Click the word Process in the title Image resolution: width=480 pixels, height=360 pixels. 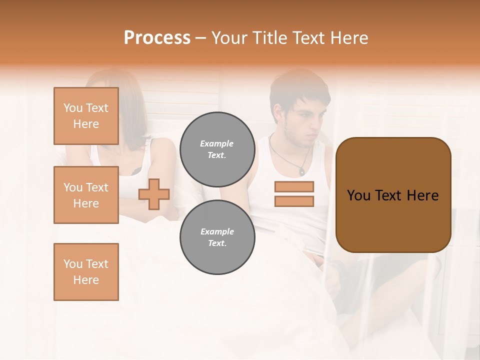(x=157, y=38)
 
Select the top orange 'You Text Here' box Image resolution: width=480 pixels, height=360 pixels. (x=86, y=116)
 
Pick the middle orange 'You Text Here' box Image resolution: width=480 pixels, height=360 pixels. (x=86, y=195)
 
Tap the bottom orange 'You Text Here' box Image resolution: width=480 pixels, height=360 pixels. (x=86, y=272)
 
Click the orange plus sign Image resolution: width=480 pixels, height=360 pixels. (x=154, y=193)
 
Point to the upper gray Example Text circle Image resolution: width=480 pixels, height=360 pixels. (x=217, y=149)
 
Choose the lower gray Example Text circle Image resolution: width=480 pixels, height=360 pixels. (x=217, y=237)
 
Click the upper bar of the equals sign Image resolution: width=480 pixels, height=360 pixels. (x=294, y=186)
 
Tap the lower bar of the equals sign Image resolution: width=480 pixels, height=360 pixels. (x=294, y=201)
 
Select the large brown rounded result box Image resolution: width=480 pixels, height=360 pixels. (x=393, y=220)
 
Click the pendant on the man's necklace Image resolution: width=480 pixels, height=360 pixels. (x=301, y=171)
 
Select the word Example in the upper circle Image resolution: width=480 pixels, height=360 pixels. (x=217, y=143)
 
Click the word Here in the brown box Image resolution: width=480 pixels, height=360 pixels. (x=422, y=195)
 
